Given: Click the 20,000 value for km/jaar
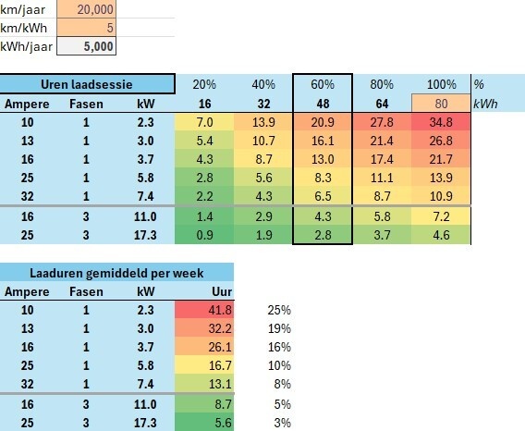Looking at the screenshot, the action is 86,9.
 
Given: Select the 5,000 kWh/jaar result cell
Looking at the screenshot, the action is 86,46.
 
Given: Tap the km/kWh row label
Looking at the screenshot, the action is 24,28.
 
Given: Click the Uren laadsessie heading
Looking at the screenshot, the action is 87,84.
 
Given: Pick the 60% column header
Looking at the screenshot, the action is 323,84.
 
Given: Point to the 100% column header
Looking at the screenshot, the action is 441,84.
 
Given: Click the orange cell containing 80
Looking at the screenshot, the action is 441,104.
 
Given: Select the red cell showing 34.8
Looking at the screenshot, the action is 441,122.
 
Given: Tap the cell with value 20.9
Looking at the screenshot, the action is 323,122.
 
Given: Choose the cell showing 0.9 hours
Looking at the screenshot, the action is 204,235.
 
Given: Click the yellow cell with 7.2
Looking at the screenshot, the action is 441,216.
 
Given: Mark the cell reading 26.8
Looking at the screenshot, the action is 441,141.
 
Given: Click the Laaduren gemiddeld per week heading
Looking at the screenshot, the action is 116,273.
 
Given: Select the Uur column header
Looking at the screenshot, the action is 222,291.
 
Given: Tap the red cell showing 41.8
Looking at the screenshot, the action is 204,310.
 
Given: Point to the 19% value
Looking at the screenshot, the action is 279,328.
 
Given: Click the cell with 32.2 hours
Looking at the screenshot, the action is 204,328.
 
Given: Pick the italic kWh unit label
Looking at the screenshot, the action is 485,104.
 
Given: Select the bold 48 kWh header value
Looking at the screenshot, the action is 323,104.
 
